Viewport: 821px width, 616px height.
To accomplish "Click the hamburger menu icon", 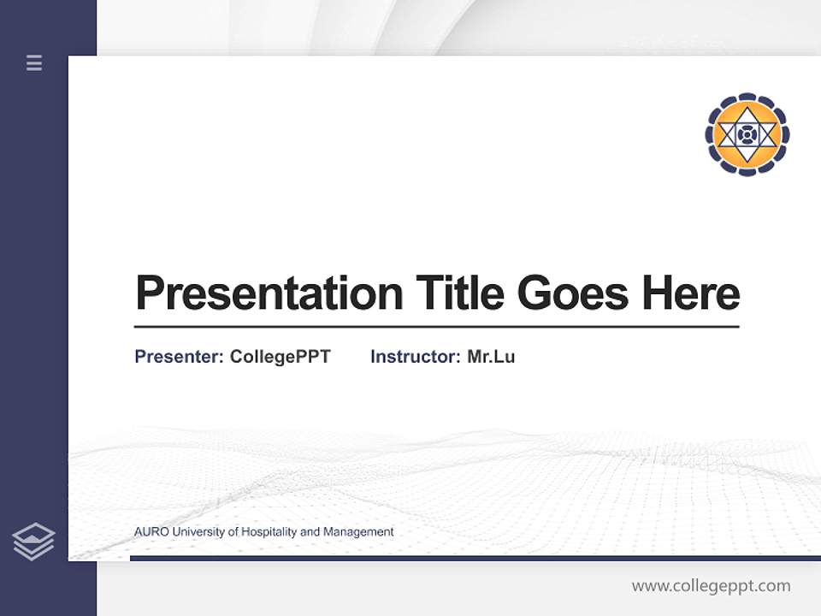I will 34,62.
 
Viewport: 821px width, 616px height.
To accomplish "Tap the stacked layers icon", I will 33,542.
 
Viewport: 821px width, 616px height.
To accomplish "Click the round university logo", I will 747,134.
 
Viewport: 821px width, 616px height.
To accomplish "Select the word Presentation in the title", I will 269,293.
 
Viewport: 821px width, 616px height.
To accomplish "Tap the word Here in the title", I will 690,293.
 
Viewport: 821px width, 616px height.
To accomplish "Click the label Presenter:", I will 179,357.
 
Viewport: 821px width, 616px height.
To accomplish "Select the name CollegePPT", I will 280,357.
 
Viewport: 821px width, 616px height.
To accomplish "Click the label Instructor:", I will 415,357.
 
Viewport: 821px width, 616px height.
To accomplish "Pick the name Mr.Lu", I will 491,357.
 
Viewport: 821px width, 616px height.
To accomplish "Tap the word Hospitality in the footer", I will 269,532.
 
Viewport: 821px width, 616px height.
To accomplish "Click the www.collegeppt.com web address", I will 711,586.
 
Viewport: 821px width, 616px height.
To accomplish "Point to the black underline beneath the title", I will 436,327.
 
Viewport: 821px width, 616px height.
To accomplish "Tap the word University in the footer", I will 199,532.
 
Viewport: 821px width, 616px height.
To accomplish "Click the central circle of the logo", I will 747,134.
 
